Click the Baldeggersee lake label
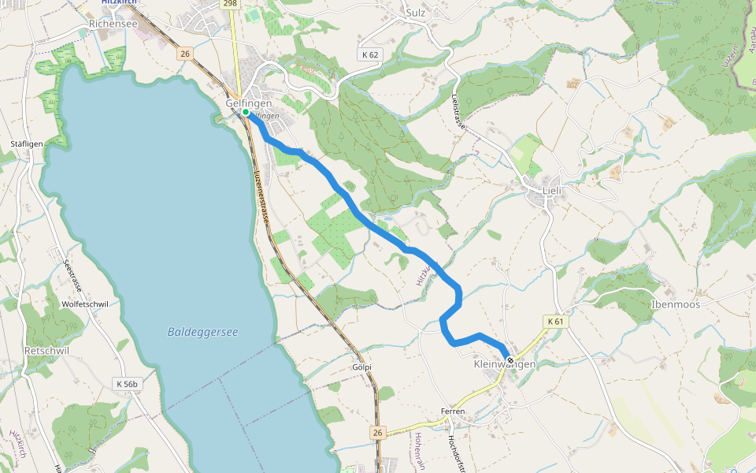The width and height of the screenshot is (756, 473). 202,333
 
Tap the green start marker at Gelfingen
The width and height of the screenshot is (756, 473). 246,113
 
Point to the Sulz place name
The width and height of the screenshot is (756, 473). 416,13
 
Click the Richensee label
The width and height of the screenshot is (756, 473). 113,24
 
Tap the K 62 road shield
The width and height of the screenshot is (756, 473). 370,54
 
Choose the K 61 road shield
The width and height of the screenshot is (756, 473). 555,322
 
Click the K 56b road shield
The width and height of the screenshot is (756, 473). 127,384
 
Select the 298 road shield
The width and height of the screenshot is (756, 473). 230,4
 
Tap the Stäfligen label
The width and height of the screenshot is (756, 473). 26,143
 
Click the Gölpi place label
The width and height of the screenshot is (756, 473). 361,367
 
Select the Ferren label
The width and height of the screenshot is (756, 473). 453,412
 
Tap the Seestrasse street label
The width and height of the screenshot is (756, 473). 73,275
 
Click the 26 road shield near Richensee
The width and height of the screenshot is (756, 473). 184,54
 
